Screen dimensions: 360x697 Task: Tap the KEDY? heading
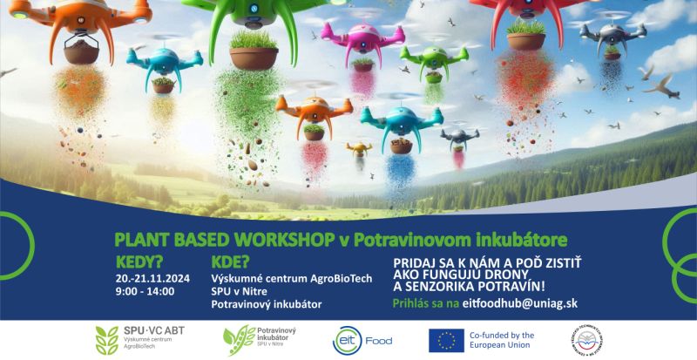139,261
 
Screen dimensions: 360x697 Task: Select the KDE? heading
231,261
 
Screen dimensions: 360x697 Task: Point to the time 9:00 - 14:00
145,290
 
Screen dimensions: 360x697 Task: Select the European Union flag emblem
446,340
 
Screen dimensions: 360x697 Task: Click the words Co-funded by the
502,335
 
